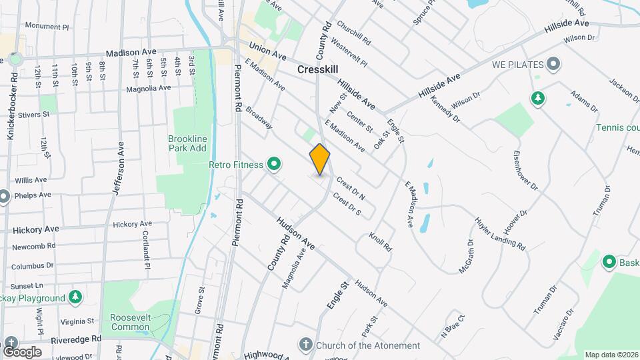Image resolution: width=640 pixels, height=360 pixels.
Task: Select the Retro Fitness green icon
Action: (x=273, y=163)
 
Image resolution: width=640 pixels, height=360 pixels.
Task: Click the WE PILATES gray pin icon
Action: (x=553, y=65)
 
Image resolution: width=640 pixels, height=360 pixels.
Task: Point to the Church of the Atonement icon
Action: (x=305, y=345)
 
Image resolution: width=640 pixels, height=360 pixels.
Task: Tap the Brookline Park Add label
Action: (x=187, y=143)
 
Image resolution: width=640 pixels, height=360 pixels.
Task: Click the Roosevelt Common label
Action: (x=131, y=321)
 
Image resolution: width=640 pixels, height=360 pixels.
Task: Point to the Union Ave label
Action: (x=267, y=51)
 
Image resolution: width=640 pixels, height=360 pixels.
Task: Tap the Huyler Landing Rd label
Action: (x=500, y=233)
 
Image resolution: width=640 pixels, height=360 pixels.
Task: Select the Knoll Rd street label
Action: (x=380, y=242)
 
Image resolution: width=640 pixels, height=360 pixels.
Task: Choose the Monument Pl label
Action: (x=47, y=27)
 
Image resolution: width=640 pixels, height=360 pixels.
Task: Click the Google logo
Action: (x=22, y=351)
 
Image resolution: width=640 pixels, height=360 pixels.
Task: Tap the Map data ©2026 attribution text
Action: (x=611, y=355)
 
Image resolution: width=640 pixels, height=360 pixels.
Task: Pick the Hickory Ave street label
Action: (x=36, y=229)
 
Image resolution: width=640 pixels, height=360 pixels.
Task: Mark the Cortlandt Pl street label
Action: (x=146, y=249)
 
